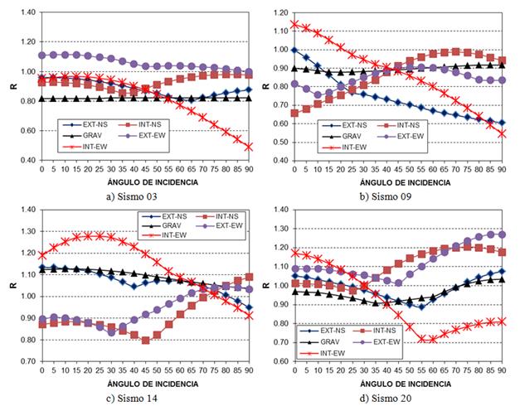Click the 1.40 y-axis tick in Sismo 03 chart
(x=26, y=13)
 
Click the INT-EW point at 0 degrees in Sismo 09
(x=294, y=23)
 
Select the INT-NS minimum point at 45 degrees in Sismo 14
(x=146, y=340)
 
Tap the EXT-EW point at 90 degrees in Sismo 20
(x=502, y=234)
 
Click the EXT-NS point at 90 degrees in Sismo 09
(x=502, y=123)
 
